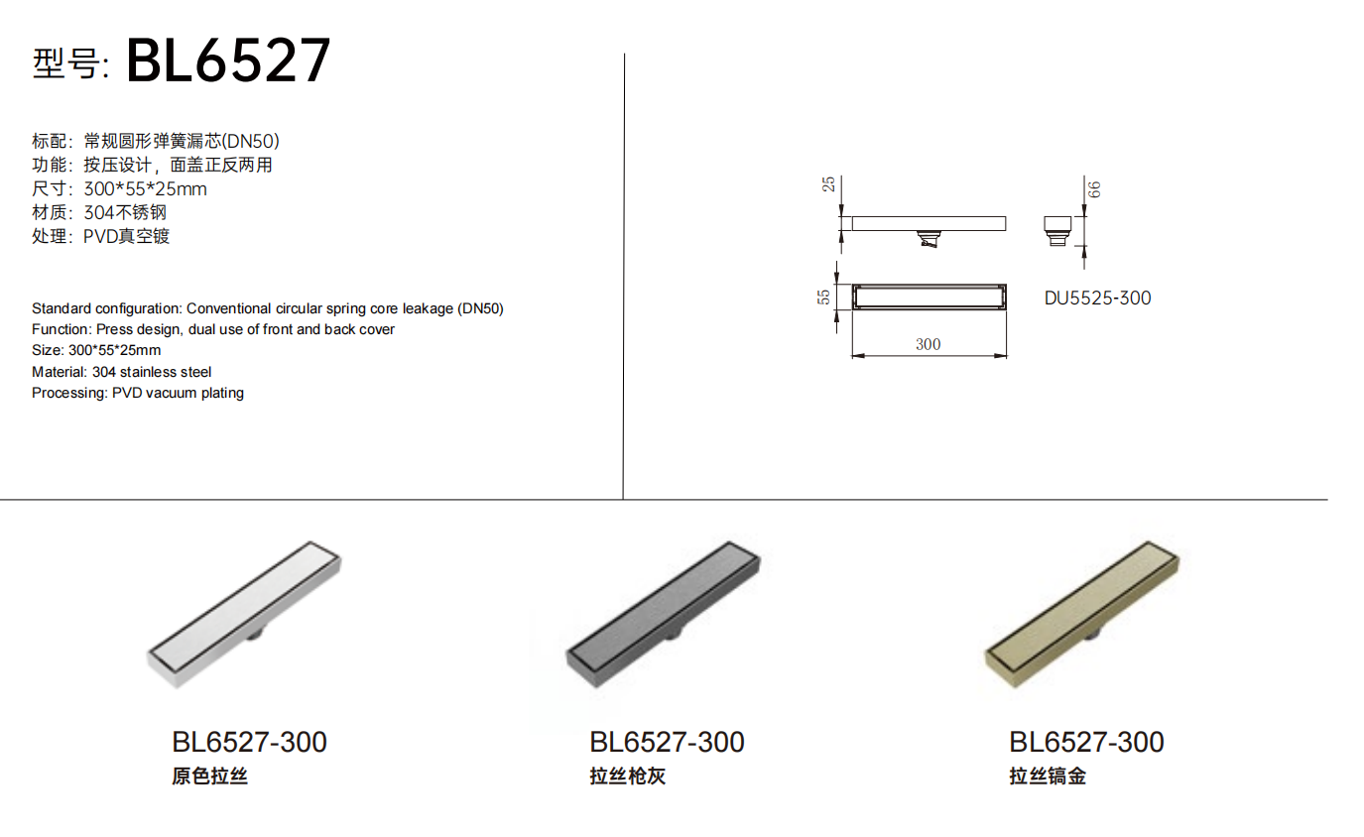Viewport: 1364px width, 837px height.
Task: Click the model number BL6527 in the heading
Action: click(x=228, y=60)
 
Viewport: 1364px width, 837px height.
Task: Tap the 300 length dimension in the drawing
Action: click(x=928, y=344)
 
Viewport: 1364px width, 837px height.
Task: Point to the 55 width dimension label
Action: click(x=823, y=298)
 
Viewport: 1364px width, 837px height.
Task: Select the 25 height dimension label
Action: click(x=828, y=184)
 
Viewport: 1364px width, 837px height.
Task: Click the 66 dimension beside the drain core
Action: click(x=1094, y=190)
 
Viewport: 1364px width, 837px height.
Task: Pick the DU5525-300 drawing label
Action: click(x=1097, y=299)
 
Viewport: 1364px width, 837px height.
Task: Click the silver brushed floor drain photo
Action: click(x=244, y=614)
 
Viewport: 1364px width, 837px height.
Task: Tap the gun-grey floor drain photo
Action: click(x=663, y=614)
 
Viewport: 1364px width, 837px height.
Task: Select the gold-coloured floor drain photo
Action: click(x=1082, y=614)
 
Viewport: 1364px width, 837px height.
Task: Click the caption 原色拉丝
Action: click(x=209, y=777)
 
